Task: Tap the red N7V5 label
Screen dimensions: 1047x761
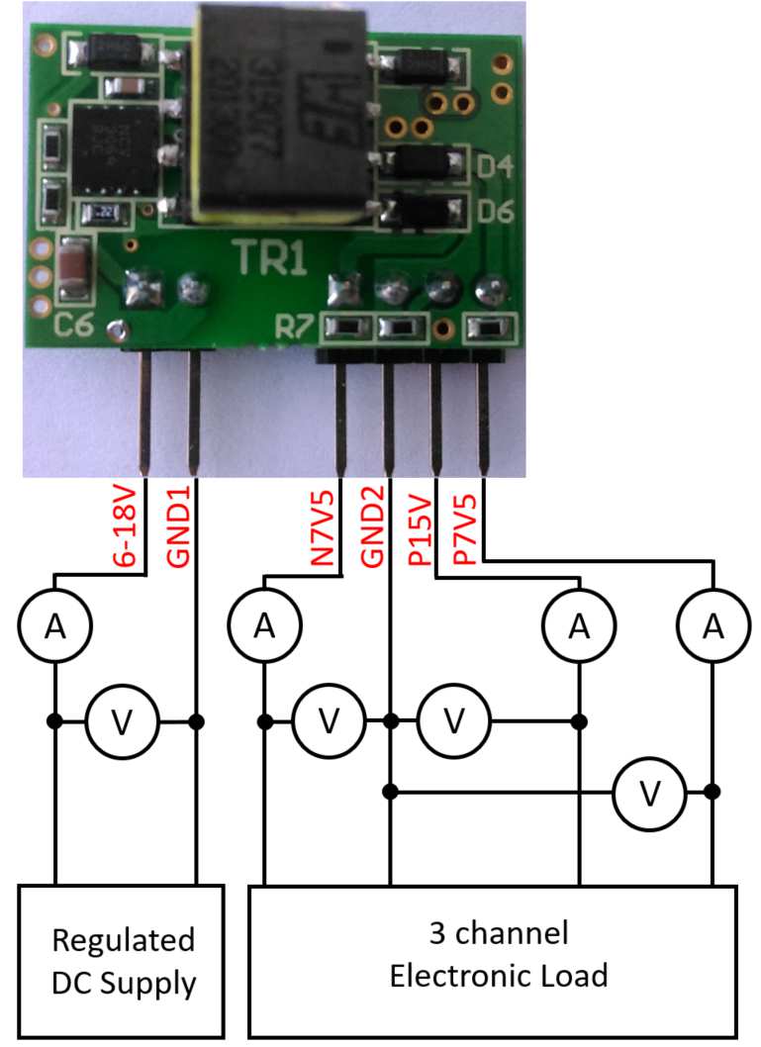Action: pos(323,534)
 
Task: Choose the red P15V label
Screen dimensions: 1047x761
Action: pos(419,534)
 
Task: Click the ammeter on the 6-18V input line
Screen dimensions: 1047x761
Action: pos(54,625)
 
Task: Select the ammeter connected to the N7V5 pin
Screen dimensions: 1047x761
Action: pos(264,625)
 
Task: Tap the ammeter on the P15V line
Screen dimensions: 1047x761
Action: pos(579,625)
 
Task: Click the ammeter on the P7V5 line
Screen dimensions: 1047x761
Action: pos(712,625)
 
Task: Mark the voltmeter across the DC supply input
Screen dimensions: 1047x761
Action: pos(122,721)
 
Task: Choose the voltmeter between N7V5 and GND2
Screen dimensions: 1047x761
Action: pos(328,721)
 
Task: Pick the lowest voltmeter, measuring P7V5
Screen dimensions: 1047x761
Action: pos(649,791)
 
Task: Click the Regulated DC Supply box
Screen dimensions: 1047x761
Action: pos(124,961)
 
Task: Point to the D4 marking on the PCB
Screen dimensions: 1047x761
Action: pos(495,167)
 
